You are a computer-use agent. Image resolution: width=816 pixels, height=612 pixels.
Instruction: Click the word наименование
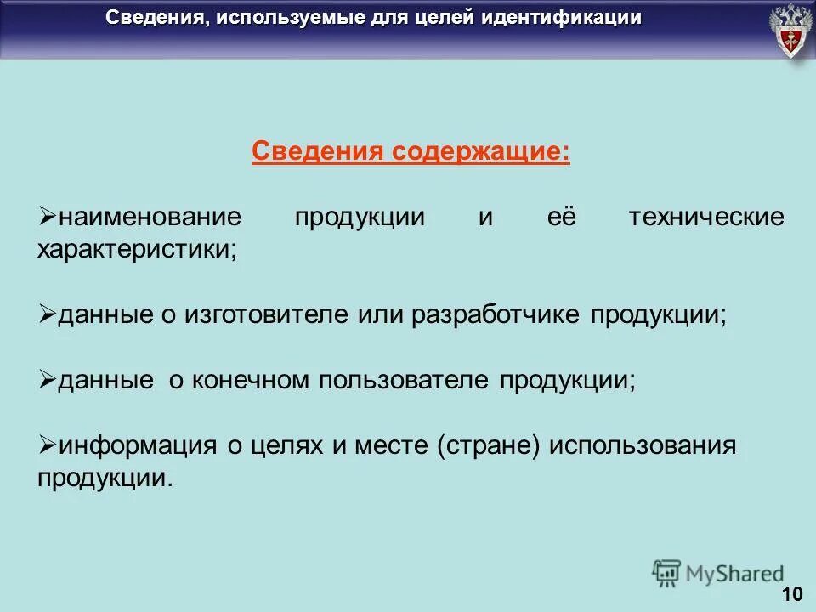(x=150, y=217)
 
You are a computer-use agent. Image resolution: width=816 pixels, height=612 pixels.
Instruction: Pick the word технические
(x=706, y=217)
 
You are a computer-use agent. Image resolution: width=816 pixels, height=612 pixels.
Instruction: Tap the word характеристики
(x=137, y=250)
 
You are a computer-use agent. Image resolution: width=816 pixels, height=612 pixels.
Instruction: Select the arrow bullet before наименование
(x=48, y=216)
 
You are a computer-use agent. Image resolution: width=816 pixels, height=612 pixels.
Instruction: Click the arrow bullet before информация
(x=48, y=445)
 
